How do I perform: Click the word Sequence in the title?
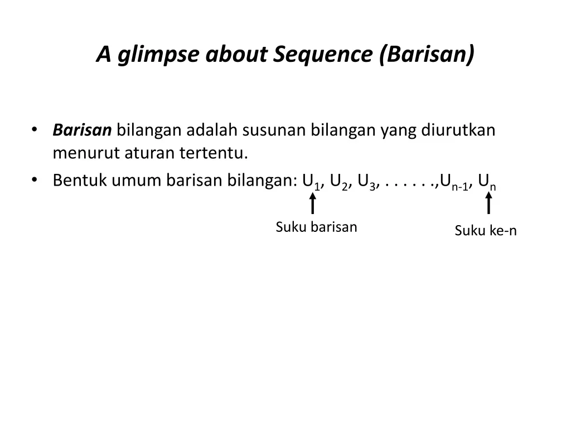323,55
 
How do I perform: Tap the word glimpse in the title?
158,55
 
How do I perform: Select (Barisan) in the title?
427,55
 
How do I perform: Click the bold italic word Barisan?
82,130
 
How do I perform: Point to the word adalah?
212,130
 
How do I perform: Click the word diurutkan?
458,130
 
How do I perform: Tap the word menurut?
86,153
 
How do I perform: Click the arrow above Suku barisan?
312,203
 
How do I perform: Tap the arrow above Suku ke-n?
488,203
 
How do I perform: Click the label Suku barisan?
316,227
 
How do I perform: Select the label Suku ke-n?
486,231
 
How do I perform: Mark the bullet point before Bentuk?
35,180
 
